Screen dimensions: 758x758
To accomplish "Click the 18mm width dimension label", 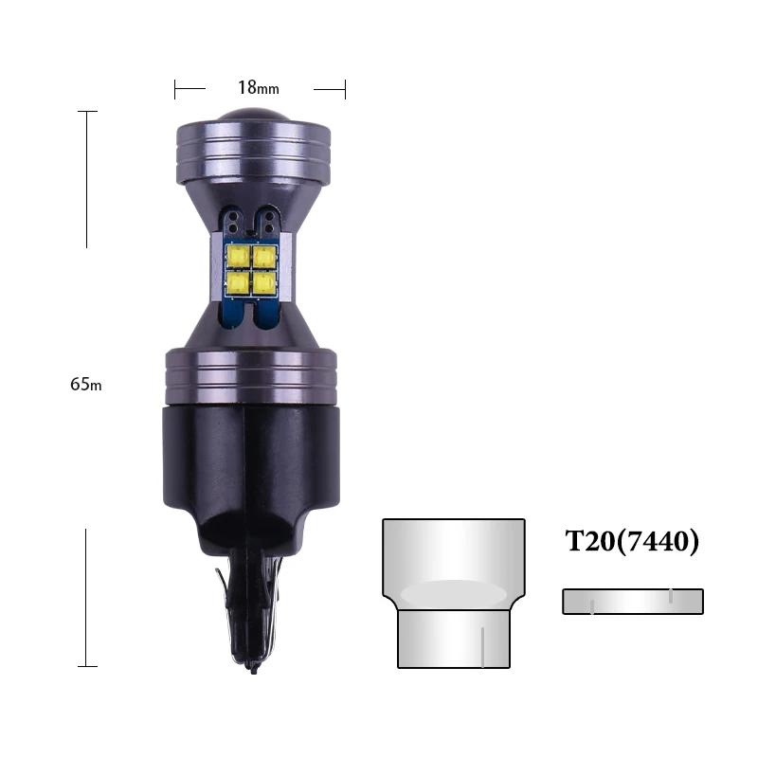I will (x=258, y=88).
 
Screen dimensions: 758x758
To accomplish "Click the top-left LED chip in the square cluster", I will (x=238, y=256).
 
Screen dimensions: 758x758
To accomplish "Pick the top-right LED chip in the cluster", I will (x=262, y=256).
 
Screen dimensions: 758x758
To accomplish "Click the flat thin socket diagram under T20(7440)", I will (x=632, y=602).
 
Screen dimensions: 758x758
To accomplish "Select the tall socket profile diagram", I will (x=454, y=592).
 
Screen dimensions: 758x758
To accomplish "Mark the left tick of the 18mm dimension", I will (x=175, y=89).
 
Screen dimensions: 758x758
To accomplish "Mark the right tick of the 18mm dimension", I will (x=345, y=89).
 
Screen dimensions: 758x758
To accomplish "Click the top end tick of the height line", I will (x=87, y=112).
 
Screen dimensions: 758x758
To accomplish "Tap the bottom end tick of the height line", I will (x=87, y=666).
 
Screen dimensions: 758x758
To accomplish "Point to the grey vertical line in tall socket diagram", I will (x=483, y=646).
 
